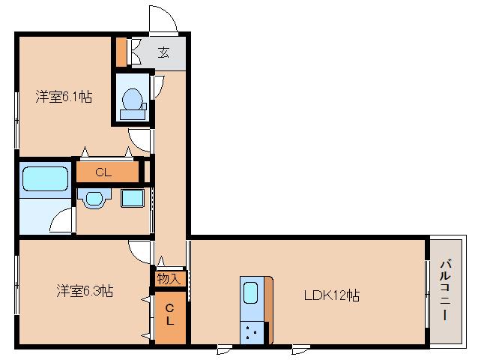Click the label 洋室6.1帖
64,97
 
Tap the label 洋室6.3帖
85,290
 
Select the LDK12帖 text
331,295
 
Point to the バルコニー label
445,290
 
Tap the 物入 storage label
169,278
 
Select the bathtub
46,179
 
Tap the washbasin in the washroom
94,199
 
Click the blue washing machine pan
132,199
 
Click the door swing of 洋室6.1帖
140,139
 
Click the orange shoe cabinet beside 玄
121,52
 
